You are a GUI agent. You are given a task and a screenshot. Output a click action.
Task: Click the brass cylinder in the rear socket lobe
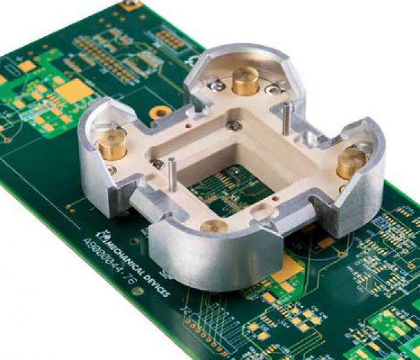click(x=245, y=82)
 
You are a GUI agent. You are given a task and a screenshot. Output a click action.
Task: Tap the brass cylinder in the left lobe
click(x=112, y=145)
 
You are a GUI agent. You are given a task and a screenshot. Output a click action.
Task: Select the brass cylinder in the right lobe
click(x=351, y=163)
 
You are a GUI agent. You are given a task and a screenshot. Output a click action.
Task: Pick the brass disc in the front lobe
click(x=214, y=226)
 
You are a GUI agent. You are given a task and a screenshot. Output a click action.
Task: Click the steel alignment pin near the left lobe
click(x=172, y=175)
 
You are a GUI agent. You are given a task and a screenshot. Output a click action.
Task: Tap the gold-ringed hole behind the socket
click(x=160, y=112)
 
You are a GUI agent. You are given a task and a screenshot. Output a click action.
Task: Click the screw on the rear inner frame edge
click(x=234, y=127)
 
